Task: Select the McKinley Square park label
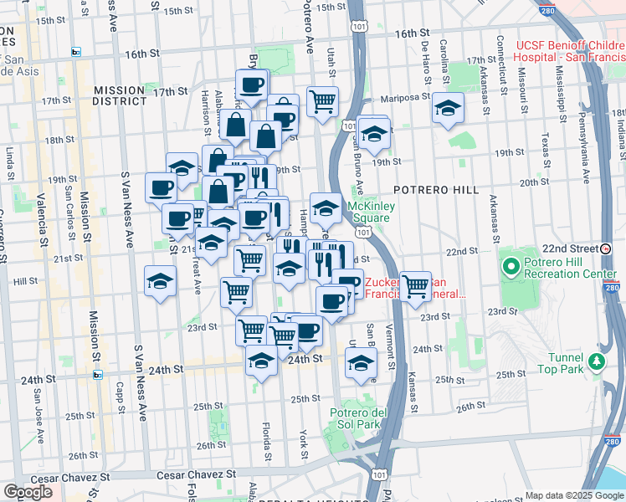pos(369,212)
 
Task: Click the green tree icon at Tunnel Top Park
pos(596,361)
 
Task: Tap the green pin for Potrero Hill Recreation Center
pos(512,268)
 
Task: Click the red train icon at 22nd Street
pos(605,248)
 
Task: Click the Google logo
pos(28,492)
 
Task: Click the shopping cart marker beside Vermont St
pos(415,286)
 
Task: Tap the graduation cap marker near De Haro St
pos(448,109)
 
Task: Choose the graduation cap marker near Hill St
pos(160,281)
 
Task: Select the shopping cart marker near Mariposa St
pos(322,102)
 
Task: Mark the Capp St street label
pos(121,397)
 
